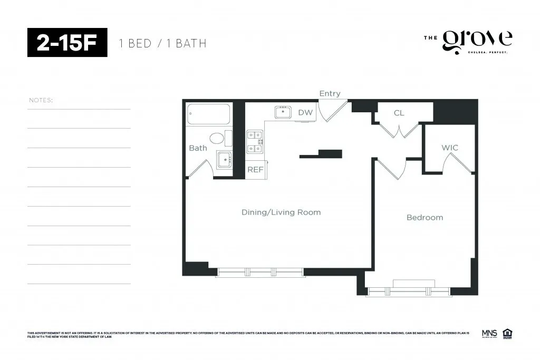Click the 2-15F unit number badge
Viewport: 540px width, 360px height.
click(67, 43)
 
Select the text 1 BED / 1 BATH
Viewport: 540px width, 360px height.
click(163, 43)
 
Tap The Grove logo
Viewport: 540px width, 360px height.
click(468, 42)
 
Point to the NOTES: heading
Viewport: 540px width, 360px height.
click(41, 100)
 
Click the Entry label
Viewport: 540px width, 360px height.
click(330, 94)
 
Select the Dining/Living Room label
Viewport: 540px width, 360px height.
click(281, 212)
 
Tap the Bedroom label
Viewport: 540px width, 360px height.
click(425, 217)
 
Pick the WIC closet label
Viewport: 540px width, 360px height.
click(450, 148)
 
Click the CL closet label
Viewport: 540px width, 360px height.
click(399, 113)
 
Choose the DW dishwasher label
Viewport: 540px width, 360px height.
click(305, 112)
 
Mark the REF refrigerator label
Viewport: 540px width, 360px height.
click(255, 170)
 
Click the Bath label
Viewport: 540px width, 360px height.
click(198, 148)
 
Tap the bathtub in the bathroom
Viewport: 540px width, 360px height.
click(209, 114)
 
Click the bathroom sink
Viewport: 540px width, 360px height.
click(224, 160)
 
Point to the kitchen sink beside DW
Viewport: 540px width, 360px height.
click(283, 112)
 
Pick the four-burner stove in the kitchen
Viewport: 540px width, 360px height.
click(255, 142)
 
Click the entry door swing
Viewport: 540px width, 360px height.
click(333, 109)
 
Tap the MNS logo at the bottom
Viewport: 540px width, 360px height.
click(489, 333)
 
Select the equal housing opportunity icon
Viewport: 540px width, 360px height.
click(507, 333)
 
